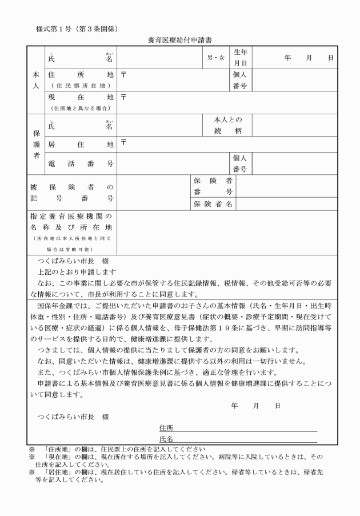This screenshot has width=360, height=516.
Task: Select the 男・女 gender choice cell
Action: tap(216, 58)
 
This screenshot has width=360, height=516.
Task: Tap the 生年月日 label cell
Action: tap(240, 58)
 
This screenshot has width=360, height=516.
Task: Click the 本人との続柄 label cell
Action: tap(227, 125)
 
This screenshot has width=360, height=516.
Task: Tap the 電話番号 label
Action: tap(81, 163)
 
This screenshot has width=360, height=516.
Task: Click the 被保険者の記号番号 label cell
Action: tap(72, 193)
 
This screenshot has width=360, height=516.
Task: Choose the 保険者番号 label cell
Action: tap(213, 186)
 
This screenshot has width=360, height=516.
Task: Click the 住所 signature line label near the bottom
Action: tap(166, 427)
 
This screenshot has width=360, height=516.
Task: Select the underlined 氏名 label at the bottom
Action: tap(166, 439)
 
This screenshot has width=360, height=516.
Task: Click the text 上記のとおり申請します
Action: tap(77, 271)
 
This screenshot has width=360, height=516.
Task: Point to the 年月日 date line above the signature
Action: tap(255, 405)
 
